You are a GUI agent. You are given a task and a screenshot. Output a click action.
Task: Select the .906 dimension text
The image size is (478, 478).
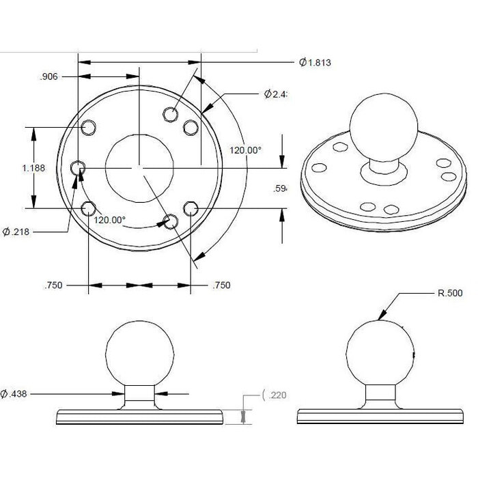48,77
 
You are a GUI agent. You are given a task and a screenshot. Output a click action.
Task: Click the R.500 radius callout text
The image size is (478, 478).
449,293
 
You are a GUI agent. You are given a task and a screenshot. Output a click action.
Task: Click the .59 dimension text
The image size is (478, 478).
279,189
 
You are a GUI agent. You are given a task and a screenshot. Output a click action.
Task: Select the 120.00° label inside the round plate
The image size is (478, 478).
109,220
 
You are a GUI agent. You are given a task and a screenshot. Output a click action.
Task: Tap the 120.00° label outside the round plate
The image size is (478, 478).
245,150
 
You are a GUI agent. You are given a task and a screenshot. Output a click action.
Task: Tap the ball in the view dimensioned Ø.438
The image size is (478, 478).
139,353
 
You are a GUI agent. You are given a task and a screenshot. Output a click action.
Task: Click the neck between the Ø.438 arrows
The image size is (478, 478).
139,395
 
